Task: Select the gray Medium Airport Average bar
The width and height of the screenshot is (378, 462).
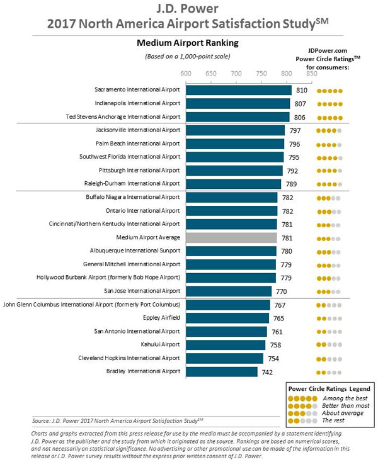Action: [231, 237]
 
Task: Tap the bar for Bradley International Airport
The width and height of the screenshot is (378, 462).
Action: [222, 371]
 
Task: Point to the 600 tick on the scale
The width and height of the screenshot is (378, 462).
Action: [186, 73]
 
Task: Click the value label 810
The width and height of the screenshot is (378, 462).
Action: [302, 91]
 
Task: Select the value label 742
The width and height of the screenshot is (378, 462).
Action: [268, 372]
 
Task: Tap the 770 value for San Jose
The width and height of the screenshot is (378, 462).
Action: [282, 291]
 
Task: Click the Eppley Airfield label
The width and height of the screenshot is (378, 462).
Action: [160, 318]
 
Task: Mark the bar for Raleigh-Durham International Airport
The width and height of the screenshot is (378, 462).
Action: [233, 184]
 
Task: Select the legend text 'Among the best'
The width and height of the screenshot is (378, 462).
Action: [344, 398]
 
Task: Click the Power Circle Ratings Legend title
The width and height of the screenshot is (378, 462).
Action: [328, 387]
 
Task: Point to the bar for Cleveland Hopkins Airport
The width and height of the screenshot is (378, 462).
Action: [224, 358]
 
